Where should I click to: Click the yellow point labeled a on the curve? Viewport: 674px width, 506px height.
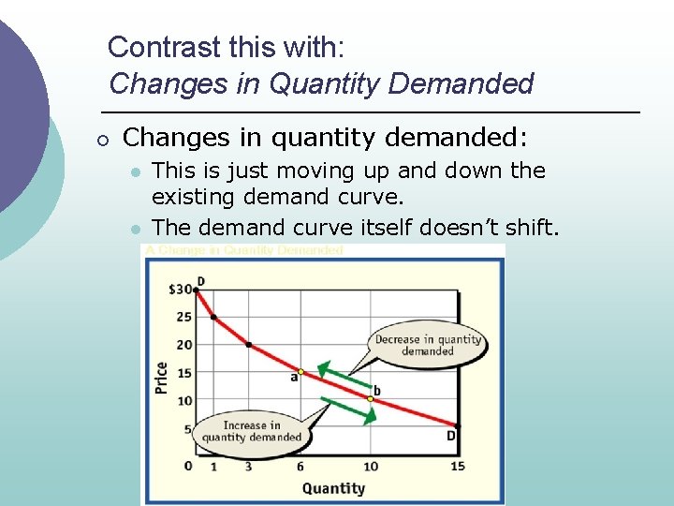point(300,372)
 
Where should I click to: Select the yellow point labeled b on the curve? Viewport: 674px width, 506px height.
point(370,398)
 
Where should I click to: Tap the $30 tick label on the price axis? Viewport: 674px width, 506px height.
point(180,289)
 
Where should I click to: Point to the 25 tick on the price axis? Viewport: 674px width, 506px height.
point(183,317)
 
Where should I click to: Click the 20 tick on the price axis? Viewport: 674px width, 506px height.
point(183,344)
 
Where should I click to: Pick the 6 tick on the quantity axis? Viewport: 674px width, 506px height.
point(300,467)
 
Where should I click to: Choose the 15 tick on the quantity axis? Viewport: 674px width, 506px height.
point(457,467)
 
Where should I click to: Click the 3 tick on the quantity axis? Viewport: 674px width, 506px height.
point(248,467)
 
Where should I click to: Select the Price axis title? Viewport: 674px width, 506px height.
point(162,378)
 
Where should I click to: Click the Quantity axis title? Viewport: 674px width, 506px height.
point(333,488)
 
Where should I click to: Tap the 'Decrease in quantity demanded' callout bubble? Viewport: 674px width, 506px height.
point(428,345)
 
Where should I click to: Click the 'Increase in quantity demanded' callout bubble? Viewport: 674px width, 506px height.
point(252,431)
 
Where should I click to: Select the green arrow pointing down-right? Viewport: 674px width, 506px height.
point(347,410)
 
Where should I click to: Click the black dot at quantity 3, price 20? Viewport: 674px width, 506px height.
point(248,345)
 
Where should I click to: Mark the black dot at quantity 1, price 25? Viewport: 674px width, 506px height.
point(213,318)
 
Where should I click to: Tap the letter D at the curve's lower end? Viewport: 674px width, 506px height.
point(450,436)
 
